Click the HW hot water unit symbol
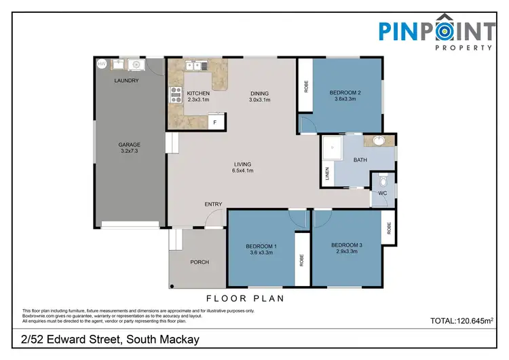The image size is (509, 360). tap(102, 64)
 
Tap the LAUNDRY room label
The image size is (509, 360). tap(127, 81)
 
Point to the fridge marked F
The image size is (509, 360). tap(215, 122)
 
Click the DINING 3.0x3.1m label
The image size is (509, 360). tap(259, 96)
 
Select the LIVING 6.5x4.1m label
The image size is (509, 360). tap(243, 168)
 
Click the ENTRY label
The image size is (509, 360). tap(214, 204)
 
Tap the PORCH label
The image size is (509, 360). tap(200, 262)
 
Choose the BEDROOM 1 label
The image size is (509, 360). tap(261, 249)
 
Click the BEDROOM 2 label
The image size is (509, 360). tap(345, 96)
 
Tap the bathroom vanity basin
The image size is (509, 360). tap(379, 141)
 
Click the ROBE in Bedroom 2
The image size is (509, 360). tap(305, 86)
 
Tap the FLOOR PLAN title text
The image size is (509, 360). tap(244, 298)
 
